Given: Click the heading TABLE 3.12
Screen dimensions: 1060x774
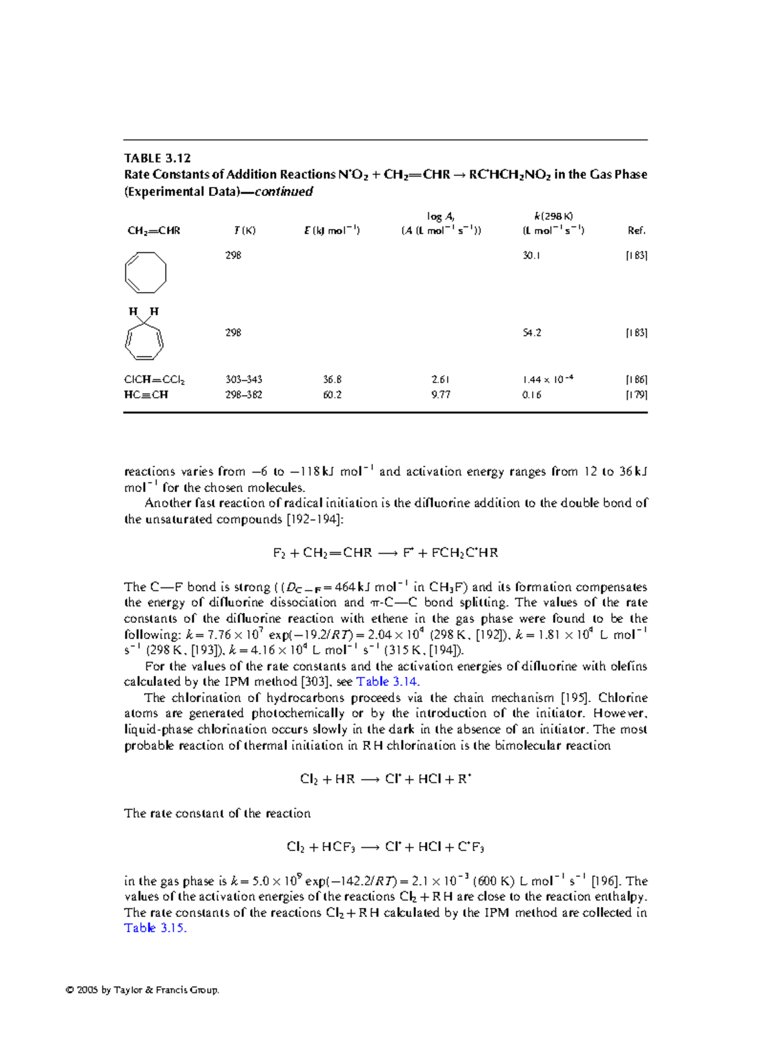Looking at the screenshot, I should click(x=157, y=158).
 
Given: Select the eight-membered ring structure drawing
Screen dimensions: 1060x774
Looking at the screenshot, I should click(x=145, y=273).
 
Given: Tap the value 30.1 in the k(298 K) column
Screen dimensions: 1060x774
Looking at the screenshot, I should click(x=531, y=255).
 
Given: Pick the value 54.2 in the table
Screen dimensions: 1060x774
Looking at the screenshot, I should click(x=531, y=333).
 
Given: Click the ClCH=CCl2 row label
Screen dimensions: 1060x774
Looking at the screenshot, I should click(x=154, y=380).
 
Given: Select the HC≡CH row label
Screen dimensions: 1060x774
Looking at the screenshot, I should click(x=146, y=395).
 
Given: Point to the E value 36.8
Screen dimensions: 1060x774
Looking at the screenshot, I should click(x=332, y=380).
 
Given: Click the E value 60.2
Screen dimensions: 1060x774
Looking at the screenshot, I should click(x=332, y=395).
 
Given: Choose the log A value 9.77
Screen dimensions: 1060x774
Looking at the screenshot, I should click(x=441, y=395).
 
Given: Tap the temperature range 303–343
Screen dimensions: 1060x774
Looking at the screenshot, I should click(x=244, y=380).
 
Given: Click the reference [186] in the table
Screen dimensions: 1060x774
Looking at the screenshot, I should click(x=636, y=380).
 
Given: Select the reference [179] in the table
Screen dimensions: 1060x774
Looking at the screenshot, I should click(x=636, y=395).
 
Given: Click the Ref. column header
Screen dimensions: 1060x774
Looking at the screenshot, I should click(x=636, y=231).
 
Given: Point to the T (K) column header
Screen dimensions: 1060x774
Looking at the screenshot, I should click(x=244, y=231).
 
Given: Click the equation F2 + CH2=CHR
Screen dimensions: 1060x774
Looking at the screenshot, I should click(x=385, y=553).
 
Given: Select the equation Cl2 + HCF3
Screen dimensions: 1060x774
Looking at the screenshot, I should click(x=385, y=847).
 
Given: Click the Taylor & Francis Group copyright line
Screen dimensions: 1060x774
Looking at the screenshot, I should click(x=143, y=990).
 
